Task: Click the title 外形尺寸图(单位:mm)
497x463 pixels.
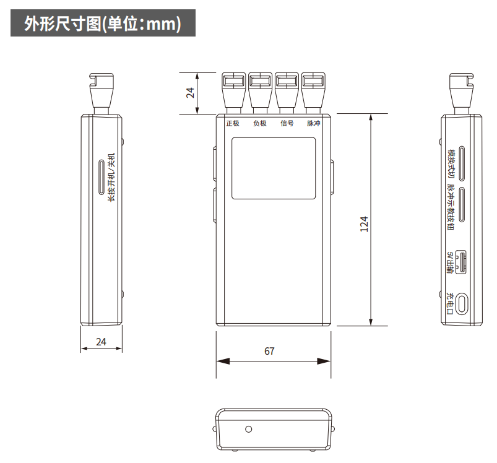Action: [103, 24]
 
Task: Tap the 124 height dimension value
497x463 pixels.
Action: [364, 224]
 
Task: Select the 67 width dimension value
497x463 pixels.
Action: [269, 351]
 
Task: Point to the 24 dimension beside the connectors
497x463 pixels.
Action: [190, 92]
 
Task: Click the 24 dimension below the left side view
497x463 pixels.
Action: [101, 342]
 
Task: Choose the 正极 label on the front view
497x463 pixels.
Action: [233, 123]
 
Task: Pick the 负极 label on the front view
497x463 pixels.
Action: [260, 123]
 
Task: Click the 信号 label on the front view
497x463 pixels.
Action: [287, 123]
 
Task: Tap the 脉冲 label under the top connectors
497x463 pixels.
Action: [313, 123]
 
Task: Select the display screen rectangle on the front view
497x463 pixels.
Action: [274, 168]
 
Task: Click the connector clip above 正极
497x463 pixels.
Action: [234, 92]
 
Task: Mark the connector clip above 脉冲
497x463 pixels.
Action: [313, 92]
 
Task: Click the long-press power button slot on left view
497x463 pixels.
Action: [102, 177]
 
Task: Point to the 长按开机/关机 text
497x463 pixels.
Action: [111, 178]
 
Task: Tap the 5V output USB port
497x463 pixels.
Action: [461, 262]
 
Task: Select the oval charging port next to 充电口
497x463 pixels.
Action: [462, 303]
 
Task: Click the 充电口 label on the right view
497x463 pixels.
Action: [450, 303]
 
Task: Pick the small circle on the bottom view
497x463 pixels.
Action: [249, 429]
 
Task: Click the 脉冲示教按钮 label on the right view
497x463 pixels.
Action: [451, 207]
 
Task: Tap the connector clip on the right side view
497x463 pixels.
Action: [462, 91]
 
